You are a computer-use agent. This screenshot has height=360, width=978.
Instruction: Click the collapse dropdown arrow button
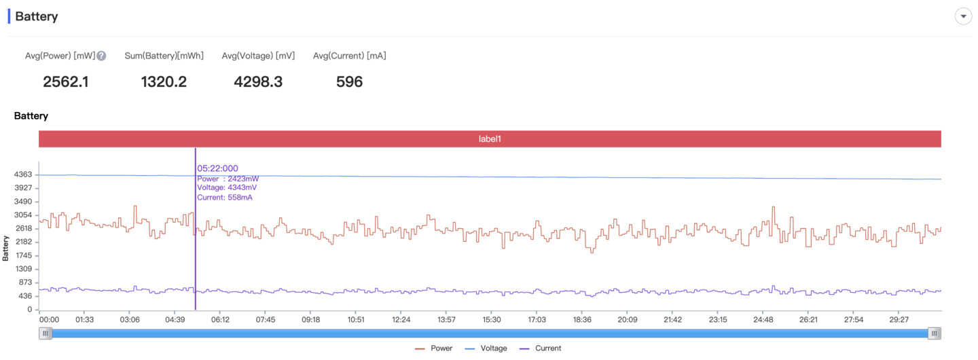point(963,16)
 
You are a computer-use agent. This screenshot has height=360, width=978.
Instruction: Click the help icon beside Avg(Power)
point(101,56)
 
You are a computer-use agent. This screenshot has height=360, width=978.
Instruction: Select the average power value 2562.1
point(66,82)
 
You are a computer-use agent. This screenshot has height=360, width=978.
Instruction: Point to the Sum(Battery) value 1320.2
point(164,82)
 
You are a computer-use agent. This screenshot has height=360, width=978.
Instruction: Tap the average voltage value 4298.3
point(258,82)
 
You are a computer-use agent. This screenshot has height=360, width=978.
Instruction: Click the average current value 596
point(349,82)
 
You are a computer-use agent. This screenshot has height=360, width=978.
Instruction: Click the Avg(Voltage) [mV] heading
point(258,56)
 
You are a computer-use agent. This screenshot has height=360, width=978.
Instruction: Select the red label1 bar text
point(490,139)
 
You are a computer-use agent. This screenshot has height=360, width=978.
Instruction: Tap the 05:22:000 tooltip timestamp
point(217,168)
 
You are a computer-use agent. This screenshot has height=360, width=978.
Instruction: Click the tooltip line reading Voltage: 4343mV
point(227,187)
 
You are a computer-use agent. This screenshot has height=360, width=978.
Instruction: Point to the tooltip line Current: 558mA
point(224,197)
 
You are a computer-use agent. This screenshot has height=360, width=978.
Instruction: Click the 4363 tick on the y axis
point(22,175)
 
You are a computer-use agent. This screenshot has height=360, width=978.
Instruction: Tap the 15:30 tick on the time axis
point(492,319)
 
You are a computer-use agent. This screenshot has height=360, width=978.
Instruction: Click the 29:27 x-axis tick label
point(899,319)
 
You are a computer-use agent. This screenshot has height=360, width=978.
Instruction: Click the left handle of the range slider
point(45,333)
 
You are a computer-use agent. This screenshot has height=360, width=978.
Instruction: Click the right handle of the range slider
point(935,333)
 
